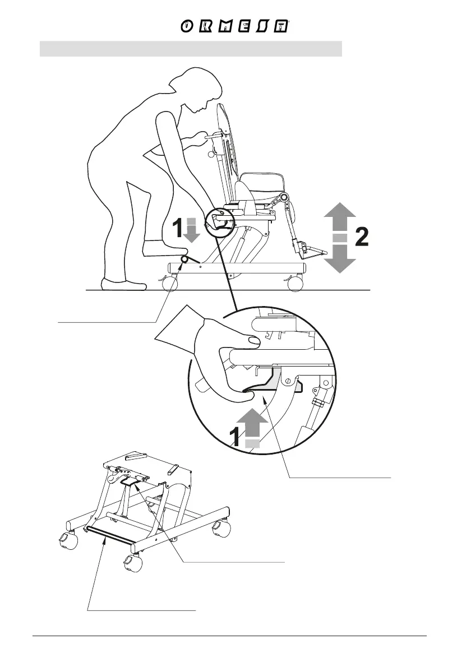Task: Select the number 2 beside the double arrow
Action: (362, 238)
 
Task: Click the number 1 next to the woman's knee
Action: (176, 229)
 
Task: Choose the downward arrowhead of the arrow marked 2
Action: (340, 261)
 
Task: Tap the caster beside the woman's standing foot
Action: (169, 284)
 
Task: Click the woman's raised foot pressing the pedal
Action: (160, 247)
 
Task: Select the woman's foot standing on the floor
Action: (123, 284)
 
